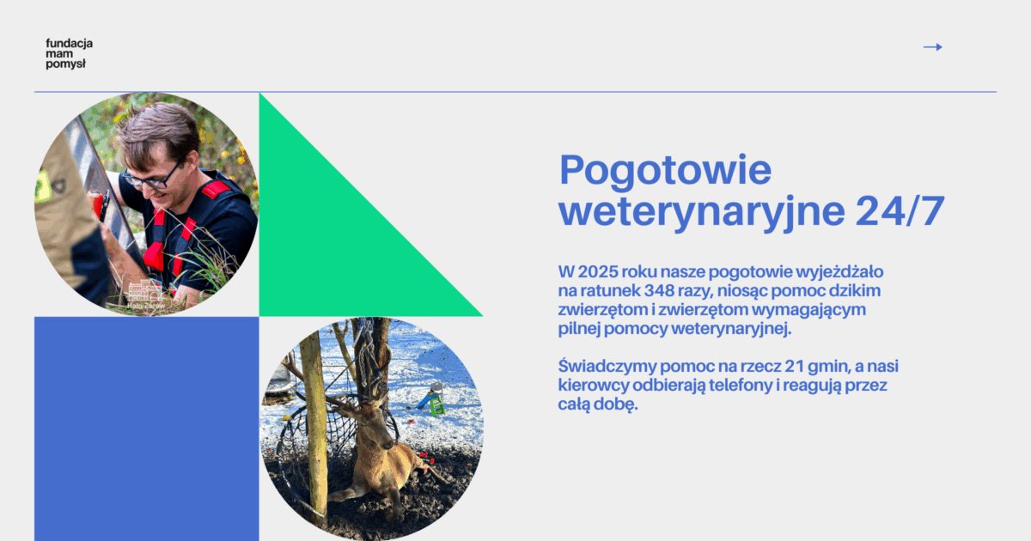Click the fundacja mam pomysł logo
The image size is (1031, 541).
[69, 54]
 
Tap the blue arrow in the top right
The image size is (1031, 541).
[932, 47]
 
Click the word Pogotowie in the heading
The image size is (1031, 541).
[665, 170]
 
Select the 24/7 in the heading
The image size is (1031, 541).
[900, 210]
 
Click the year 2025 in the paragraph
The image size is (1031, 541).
[598, 272]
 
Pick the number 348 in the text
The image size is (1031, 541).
[659, 291]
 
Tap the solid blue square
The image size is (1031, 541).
[146, 429]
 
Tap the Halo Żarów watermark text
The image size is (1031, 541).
[146, 306]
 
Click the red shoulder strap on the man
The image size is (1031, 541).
[216, 189]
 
